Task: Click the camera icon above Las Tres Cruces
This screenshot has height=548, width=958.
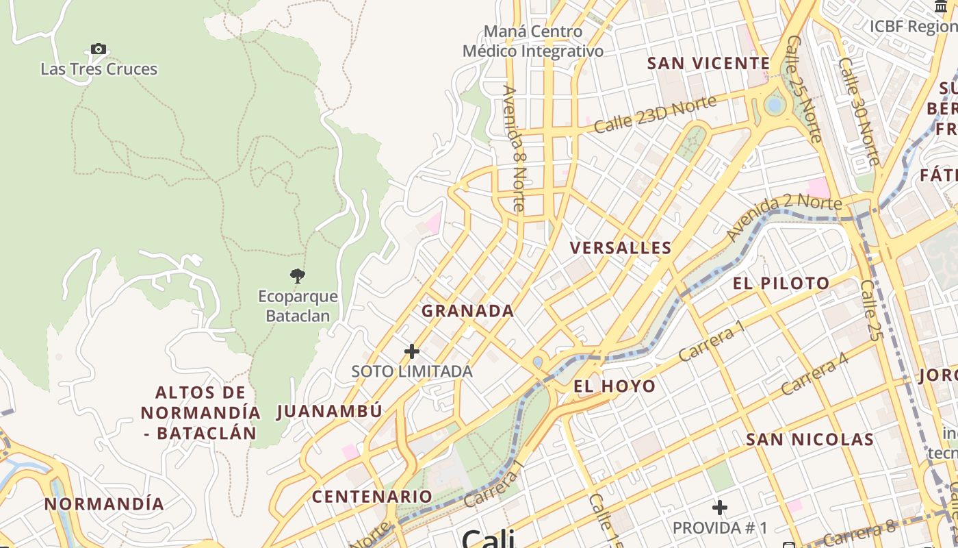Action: (99, 49)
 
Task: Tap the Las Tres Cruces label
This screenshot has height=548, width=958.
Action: (99, 69)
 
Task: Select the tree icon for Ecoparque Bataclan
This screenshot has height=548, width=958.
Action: (297, 276)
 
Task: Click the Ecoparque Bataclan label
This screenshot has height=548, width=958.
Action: (298, 306)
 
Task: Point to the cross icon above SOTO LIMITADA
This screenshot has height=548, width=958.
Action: (411, 351)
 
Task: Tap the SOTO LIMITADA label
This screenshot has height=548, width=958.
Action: (412, 371)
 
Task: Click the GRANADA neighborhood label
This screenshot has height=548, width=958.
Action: (467, 311)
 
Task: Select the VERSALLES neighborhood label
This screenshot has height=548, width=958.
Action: (621, 248)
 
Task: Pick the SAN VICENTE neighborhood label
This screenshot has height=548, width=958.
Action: (708, 64)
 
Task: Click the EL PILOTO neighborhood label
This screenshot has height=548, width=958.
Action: (781, 283)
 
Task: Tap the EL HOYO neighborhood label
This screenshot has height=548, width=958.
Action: (614, 386)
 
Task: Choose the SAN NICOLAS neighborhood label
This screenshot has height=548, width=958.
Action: (810, 439)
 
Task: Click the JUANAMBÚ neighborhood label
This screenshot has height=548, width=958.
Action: (329, 412)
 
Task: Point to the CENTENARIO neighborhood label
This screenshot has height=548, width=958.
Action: (372, 497)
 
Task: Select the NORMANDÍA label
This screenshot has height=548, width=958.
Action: (104, 504)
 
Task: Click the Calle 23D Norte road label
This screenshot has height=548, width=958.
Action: (655, 114)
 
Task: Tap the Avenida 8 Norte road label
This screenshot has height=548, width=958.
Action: (513, 147)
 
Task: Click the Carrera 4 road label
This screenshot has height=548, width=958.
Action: (814, 374)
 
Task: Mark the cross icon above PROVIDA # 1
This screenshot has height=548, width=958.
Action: (719, 508)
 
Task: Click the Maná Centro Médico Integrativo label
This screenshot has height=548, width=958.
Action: (533, 41)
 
